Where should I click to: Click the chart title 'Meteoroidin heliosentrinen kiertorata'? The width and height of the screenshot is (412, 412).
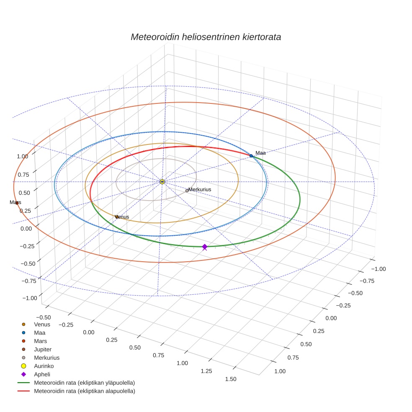pyautogui.click(x=206, y=37)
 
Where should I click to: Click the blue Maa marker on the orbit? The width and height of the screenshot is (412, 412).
pyautogui.click(x=251, y=156)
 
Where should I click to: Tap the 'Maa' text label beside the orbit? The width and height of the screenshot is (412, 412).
pyautogui.click(x=260, y=153)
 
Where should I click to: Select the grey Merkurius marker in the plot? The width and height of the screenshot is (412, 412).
pyautogui.click(x=187, y=191)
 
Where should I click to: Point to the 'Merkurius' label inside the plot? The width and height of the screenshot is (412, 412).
pyautogui.click(x=200, y=190)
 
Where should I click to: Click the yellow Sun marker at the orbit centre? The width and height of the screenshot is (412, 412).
pyautogui.click(x=162, y=182)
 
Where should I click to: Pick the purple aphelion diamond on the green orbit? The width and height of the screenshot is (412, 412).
pyautogui.click(x=204, y=247)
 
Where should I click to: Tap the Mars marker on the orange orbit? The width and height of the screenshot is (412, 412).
pyautogui.click(x=17, y=203)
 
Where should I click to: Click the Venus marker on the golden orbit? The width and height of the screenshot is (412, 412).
pyautogui.click(x=116, y=216)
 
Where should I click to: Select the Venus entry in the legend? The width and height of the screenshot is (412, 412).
pyautogui.click(x=42, y=324)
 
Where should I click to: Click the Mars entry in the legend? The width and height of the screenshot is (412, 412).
pyautogui.click(x=40, y=341)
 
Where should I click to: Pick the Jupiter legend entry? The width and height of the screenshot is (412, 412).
pyautogui.click(x=43, y=349)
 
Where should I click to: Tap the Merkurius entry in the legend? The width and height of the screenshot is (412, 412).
pyautogui.click(x=46, y=358)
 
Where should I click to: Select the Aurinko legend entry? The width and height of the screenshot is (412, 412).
pyautogui.click(x=44, y=366)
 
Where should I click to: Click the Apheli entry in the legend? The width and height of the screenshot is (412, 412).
pyautogui.click(x=42, y=374)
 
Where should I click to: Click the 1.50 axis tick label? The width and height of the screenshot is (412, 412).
pyautogui.click(x=230, y=379)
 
